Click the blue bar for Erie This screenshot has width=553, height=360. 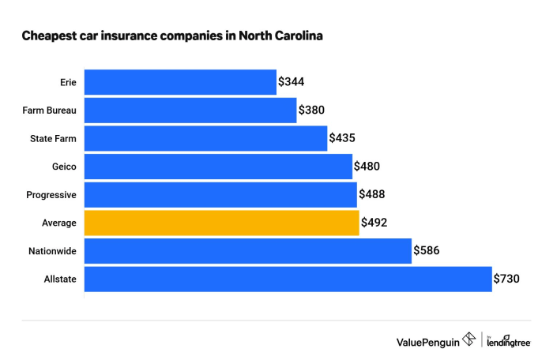pyautogui.click(x=180, y=82)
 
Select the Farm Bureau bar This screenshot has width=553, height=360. pyautogui.click(x=190, y=111)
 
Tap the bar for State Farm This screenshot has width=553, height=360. pyautogui.click(x=205, y=138)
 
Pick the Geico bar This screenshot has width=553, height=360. pyautogui.click(x=218, y=167)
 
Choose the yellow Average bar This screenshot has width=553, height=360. pyautogui.click(x=221, y=223)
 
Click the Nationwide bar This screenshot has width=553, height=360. pyautogui.click(x=247, y=251)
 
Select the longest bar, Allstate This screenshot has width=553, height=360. pyautogui.click(x=288, y=279)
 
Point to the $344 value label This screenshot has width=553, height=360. pyautogui.click(x=292, y=82)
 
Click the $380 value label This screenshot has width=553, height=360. pyautogui.click(x=312, y=111)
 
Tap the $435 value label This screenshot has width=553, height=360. pyautogui.click(x=342, y=138)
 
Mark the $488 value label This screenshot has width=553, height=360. pyautogui.click(x=372, y=194)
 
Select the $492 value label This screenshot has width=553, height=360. pyautogui.click(x=374, y=223)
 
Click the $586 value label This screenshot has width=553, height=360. pyautogui.click(x=427, y=251)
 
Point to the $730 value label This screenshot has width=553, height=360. pyautogui.click(x=507, y=279)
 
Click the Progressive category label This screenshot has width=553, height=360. pyautogui.click(x=52, y=195)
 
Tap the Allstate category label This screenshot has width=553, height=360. pyautogui.click(x=60, y=279)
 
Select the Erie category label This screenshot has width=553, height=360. pyautogui.click(x=68, y=82)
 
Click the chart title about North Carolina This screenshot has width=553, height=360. pyautogui.click(x=172, y=36)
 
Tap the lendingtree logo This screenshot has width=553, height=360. pyautogui.click(x=509, y=341)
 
